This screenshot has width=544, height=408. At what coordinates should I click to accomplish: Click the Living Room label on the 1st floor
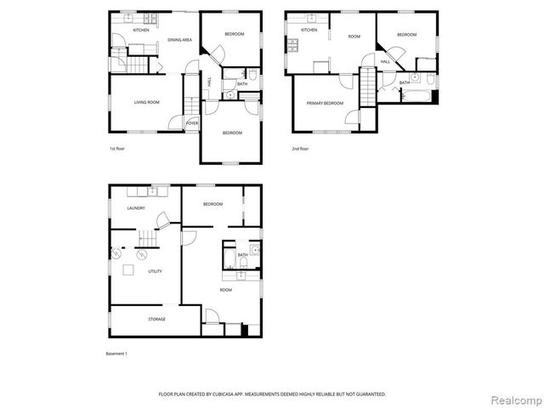[x=147, y=103]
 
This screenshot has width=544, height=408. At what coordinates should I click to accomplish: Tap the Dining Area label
[x=178, y=40]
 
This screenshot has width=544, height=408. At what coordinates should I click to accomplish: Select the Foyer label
[x=193, y=123]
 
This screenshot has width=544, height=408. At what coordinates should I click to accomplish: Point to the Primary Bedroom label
[x=325, y=103]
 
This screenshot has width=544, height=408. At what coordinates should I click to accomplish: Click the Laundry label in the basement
[x=135, y=208]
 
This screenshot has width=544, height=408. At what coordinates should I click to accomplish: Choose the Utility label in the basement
[x=155, y=271]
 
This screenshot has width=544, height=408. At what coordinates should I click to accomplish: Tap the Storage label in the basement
[x=156, y=319]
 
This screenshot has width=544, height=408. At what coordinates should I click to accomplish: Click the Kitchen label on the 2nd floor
[x=309, y=31]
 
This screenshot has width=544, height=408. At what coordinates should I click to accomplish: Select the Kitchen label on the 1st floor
[x=141, y=31]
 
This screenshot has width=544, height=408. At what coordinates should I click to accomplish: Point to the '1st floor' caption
[x=118, y=149]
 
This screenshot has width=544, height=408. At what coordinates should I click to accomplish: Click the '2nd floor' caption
[x=299, y=149]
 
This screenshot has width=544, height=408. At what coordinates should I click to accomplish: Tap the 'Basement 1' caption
[x=116, y=353]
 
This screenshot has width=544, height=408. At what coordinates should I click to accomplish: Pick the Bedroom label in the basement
[x=212, y=204]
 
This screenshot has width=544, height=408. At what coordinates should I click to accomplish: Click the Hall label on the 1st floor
[x=210, y=81]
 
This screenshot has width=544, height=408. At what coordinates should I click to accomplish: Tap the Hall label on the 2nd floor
[x=385, y=62]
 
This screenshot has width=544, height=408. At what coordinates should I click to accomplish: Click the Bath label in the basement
[x=243, y=255]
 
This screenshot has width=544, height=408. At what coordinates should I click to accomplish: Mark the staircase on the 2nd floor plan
[x=367, y=88]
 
